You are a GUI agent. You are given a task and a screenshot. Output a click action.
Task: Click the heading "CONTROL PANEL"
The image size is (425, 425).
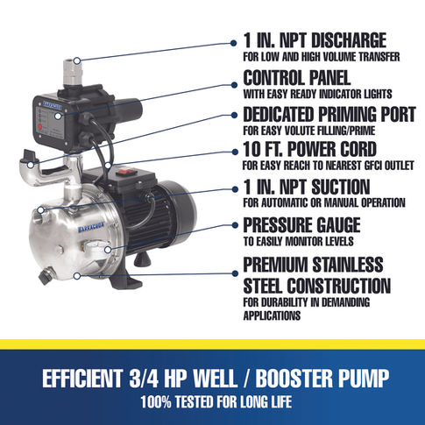pos(297,78)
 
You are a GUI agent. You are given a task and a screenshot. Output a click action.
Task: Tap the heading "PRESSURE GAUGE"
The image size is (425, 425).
pos(301,225)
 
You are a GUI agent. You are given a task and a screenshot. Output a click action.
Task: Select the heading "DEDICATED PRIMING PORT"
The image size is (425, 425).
pos(329,114)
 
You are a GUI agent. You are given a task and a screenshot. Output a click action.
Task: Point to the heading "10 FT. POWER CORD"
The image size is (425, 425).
pos(309,149)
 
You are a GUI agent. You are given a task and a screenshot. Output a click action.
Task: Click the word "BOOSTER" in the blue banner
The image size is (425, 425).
pos(294,378)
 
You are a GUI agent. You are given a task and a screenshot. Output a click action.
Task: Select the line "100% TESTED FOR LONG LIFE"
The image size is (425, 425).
pos(216,402)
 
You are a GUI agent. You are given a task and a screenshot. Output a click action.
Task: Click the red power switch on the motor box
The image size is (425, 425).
pos(126,173)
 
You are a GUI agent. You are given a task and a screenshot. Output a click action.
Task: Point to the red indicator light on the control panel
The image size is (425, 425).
pos(40,127)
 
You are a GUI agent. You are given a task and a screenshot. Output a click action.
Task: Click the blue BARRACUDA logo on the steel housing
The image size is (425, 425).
pos(91,228)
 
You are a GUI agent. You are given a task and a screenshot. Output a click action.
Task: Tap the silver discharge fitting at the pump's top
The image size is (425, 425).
pos(73,72)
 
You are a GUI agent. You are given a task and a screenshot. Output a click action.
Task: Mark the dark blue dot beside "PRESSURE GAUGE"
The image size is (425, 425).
pos(235,225)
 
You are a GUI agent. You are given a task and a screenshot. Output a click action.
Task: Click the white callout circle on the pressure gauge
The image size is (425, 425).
pos(108,250)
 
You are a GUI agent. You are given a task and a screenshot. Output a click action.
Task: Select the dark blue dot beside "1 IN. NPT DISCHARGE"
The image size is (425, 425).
pos(233,43)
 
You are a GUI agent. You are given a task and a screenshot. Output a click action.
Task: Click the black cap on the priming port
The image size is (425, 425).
pos(31,155)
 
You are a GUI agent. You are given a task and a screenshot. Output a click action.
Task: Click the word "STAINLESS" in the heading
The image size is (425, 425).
pos(348,264)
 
